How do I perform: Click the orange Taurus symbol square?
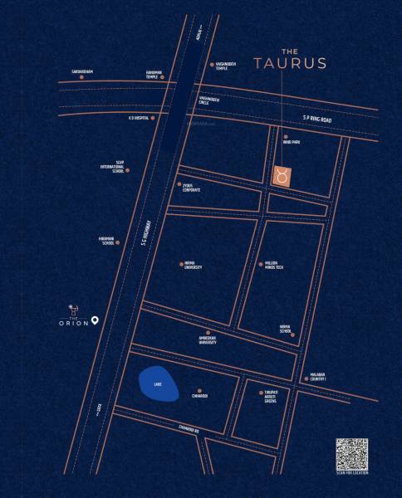[282, 176]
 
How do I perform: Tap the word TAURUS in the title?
[290, 62]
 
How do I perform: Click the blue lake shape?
[157, 384]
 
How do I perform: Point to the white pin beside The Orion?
[96, 320]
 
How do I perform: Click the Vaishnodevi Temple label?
[228, 66]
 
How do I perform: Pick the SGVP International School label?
[112, 167]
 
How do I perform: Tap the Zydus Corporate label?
[193, 188]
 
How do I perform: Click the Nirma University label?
[193, 267]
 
